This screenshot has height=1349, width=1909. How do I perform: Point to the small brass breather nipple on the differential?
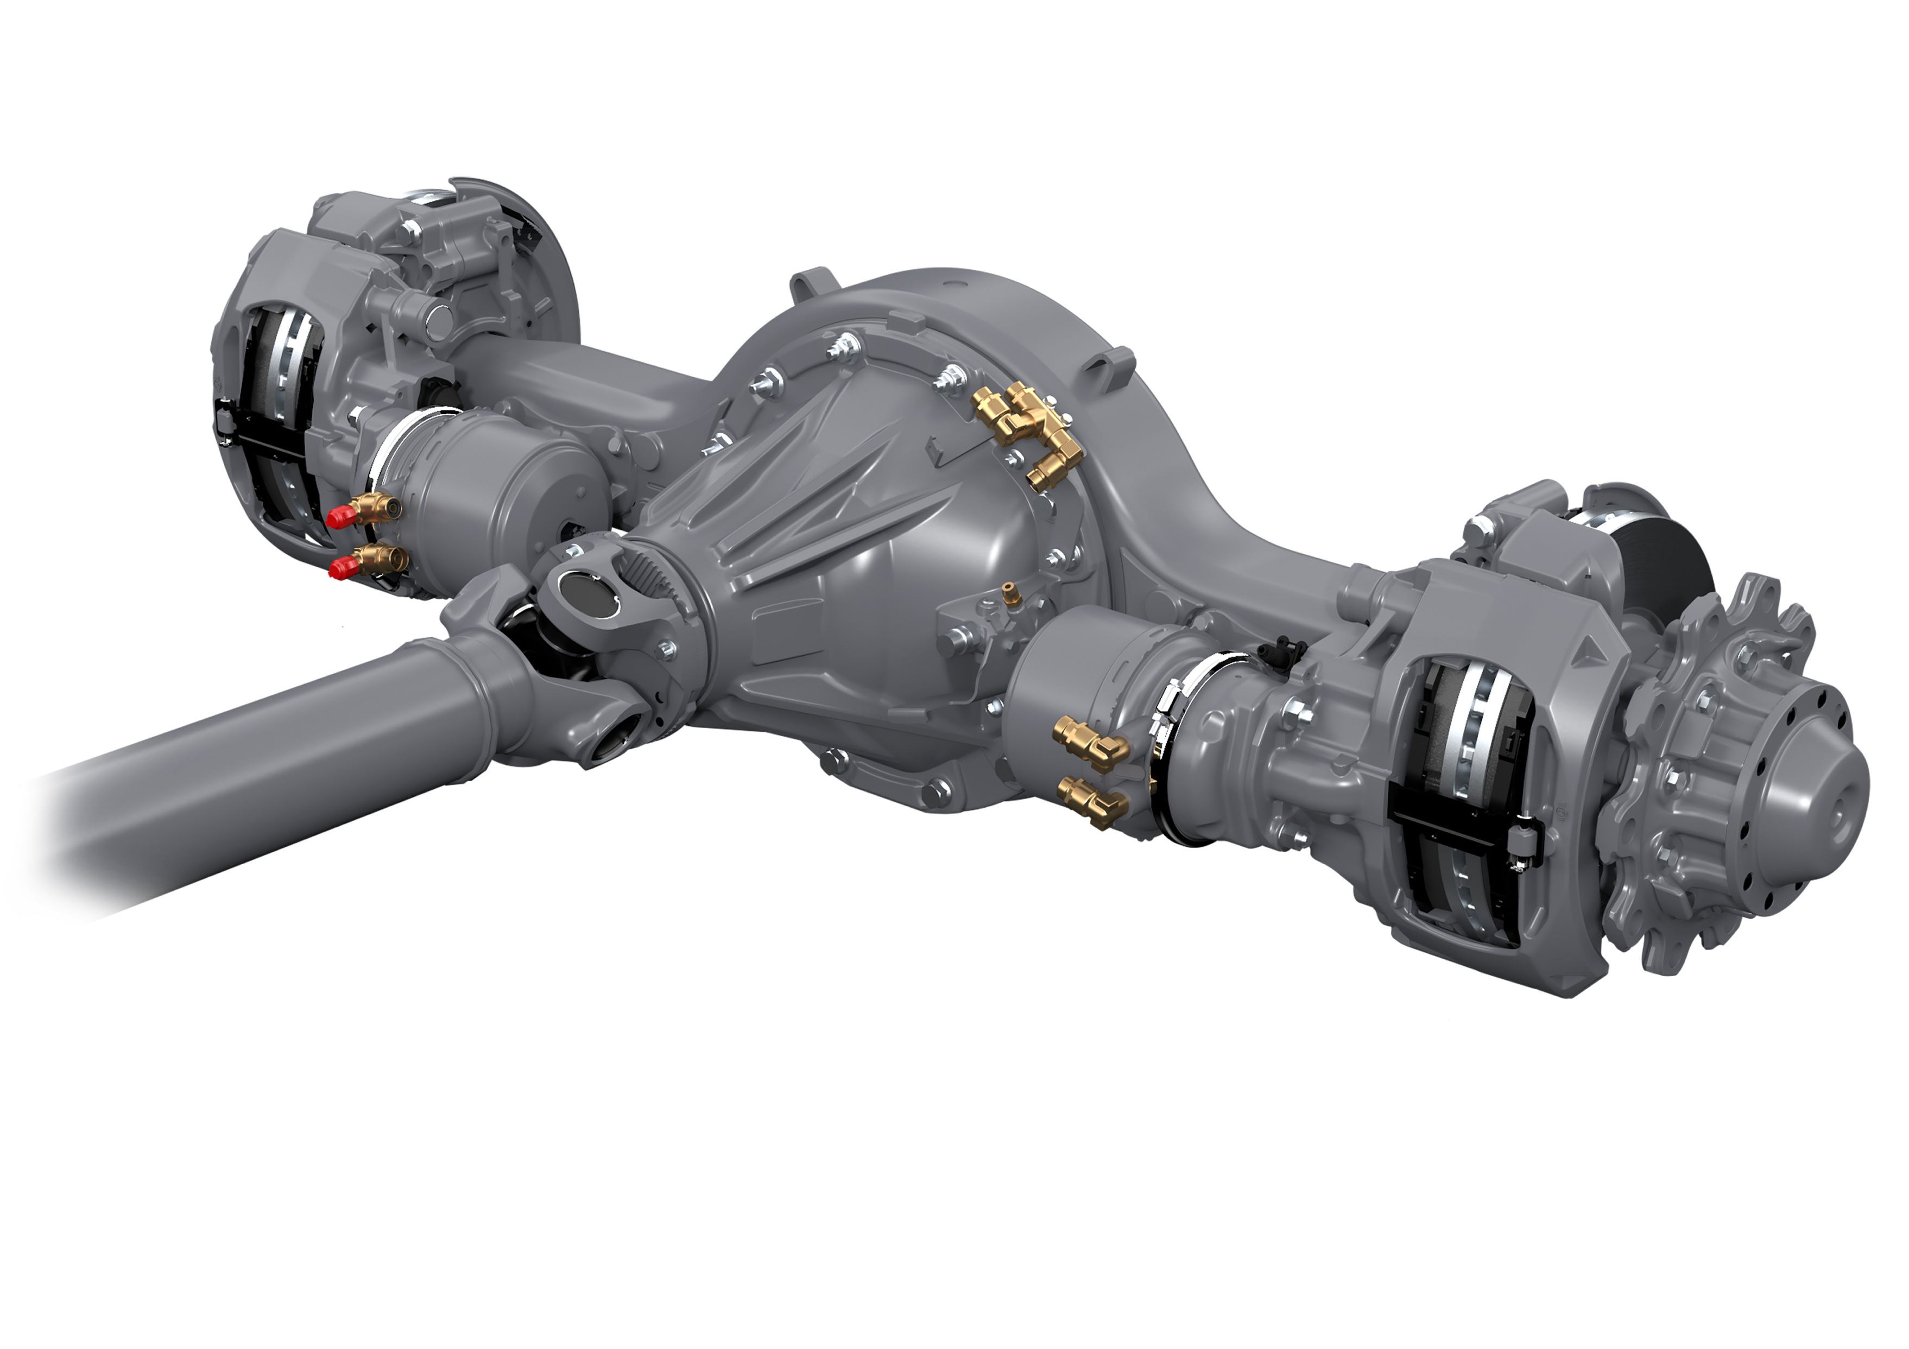coord(1009,593)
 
